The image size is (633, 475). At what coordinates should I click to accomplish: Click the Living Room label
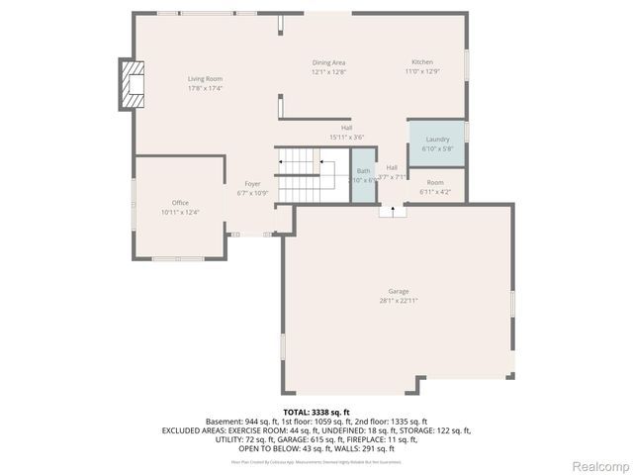[x=206, y=78]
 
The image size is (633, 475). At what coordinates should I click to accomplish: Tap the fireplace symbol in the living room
[x=132, y=86]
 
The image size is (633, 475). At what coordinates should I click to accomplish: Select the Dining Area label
[x=329, y=62]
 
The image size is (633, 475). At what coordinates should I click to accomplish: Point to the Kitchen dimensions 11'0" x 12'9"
[x=422, y=71]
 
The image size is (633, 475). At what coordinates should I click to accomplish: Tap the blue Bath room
[x=364, y=176]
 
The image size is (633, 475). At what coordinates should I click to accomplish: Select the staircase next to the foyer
[x=300, y=174]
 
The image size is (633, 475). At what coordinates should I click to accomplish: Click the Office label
[x=180, y=203]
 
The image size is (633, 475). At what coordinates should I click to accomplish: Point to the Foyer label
[x=253, y=184]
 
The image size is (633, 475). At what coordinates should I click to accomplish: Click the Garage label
[x=399, y=291]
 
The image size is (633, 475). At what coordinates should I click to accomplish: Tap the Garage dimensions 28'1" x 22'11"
[x=399, y=300]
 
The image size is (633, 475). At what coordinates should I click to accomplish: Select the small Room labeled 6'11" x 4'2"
[x=435, y=187]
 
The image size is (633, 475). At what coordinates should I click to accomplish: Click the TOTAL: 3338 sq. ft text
[x=316, y=412]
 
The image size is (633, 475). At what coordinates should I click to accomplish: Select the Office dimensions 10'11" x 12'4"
[x=180, y=212]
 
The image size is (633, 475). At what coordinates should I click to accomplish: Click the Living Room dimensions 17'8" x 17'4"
[x=206, y=87]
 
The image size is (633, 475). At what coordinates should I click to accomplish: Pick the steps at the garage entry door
[x=393, y=210]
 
